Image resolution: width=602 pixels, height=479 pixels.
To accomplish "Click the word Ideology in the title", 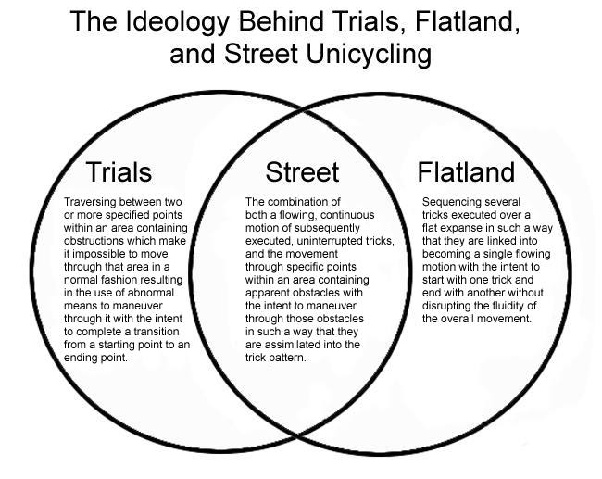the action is coord(177,22).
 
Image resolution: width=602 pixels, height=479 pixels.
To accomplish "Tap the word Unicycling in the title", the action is coord(369,55).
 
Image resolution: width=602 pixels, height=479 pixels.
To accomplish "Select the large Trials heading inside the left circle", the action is coord(119,171).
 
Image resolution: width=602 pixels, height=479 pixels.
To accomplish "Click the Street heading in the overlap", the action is coord(302,171).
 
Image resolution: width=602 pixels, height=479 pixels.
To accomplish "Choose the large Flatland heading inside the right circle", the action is coord(466,171).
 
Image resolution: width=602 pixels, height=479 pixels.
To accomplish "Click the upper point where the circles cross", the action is coord(304,111).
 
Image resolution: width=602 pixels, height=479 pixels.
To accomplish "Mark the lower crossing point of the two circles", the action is coord(297,436).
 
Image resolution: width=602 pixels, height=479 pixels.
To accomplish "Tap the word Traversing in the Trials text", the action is coord(90,202).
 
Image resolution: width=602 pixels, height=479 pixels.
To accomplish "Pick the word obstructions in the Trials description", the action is coord(94,241).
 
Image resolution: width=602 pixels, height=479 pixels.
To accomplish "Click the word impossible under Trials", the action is coord(101,254).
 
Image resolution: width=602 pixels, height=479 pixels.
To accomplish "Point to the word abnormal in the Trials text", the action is coord(150,293).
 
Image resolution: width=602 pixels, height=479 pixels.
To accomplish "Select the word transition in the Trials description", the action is coord(157,332).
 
